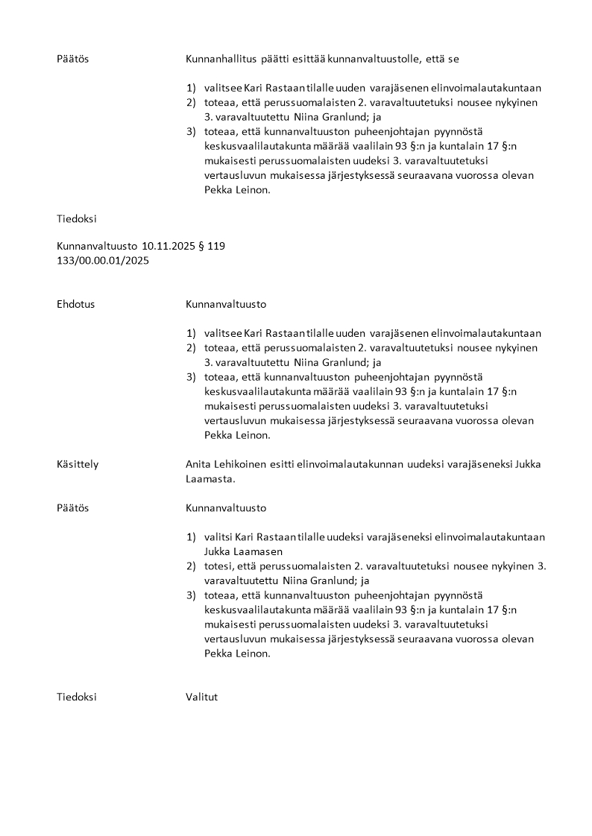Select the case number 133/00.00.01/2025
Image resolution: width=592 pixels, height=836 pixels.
click(102, 260)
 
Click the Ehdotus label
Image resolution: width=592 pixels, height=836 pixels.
click(75, 304)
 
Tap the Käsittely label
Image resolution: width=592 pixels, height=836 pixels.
click(78, 464)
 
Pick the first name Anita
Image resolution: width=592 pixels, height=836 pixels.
click(199, 464)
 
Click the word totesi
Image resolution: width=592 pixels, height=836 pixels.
click(218, 566)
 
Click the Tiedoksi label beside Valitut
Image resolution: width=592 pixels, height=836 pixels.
click(77, 697)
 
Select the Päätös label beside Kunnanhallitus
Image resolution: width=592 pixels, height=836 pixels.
click(72, 58)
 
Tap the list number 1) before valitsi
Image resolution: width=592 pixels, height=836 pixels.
click(191, 537)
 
